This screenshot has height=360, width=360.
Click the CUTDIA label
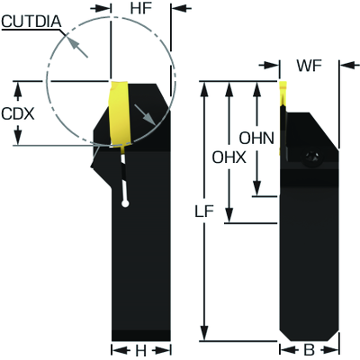click(31, 22)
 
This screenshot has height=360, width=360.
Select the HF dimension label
click(140, 8)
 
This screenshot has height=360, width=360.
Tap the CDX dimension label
click(18, 113)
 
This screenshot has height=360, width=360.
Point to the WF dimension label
click(309, 66)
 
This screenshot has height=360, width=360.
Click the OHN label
click(256, 139)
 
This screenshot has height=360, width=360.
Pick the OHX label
click(229, 157)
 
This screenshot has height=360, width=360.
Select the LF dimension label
click(204, 212)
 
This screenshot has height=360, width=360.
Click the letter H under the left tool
click(140, 350)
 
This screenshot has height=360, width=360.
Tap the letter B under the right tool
click(309, 350)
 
